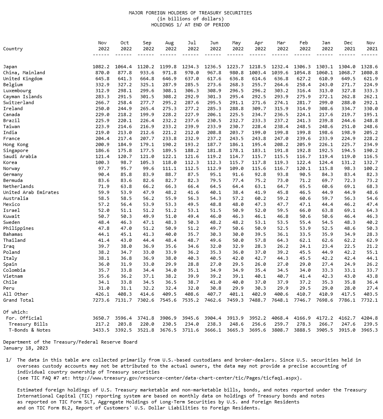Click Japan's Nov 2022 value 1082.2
tap(101, 67)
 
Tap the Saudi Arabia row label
tap(20, 156)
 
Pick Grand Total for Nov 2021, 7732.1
tap(369, 300)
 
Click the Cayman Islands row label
tap(22, 97)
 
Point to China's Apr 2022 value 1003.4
tap(258, 73)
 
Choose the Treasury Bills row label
tap(28, 324)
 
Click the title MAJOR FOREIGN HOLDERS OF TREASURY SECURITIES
tap(190, 13)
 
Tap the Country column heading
tap(13, 49)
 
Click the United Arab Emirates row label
tap(31, 192)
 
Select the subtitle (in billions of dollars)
tap(190, 19)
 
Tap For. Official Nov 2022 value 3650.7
tap(101, 318)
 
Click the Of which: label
tap(16, 312)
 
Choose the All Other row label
tap(16, 294)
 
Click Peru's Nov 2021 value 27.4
tap(371, 288)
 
